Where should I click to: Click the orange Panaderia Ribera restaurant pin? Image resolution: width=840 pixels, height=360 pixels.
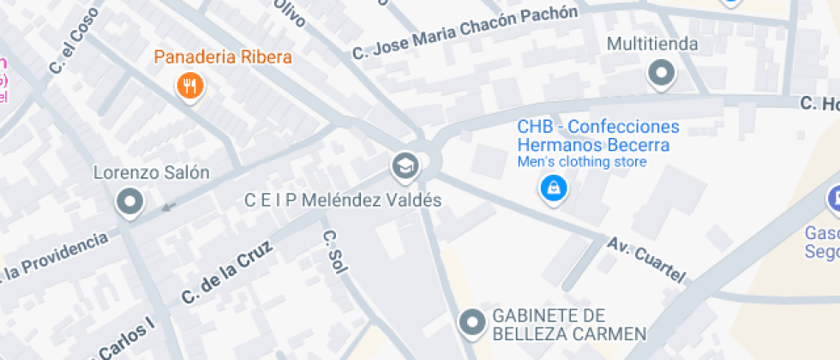[189, 85]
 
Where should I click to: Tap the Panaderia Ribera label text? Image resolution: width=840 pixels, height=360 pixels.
[223, 58]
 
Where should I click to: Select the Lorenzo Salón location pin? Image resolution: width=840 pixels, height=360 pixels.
[130, 202]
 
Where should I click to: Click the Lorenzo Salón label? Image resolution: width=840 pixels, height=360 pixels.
[152, 172]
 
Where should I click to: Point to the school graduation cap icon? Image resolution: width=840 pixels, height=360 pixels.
[405, 165]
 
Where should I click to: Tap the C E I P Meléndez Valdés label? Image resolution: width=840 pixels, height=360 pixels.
[343, 201]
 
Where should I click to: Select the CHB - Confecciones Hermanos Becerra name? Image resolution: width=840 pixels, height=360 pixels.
[597, 135]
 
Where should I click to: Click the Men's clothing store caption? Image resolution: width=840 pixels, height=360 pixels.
[581, 161]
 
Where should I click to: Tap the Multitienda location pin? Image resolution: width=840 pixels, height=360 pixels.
[662, 75]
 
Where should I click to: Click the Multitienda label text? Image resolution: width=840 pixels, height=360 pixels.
[652, 43]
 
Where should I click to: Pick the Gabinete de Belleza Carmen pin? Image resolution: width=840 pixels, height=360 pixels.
[471, 323]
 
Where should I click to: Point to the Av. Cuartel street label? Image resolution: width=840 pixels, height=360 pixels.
[647, 258]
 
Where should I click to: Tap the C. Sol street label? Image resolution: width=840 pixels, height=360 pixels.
[333, 252]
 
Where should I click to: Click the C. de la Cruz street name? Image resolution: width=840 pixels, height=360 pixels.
[226, 273]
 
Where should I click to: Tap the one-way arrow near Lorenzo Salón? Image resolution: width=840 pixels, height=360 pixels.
[170, 206]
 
